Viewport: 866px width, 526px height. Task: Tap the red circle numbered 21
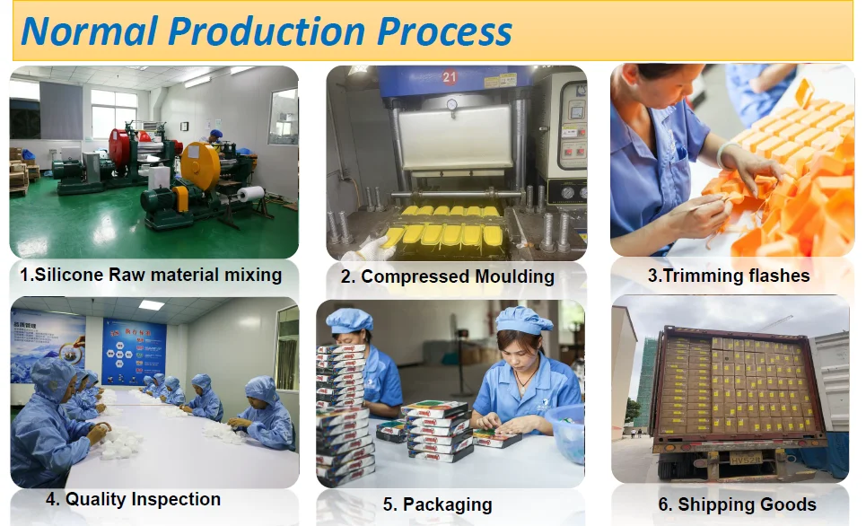pos(450,77)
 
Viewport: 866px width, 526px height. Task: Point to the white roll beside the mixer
pos(250,194)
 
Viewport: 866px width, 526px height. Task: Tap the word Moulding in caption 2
pos(514,276)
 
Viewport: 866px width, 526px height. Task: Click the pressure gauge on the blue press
pos(452,104)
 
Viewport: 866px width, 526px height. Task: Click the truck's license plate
pos(746,458)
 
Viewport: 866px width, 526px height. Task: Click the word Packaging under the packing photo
pos(448,504)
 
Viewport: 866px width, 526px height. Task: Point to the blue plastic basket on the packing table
pos(566,432)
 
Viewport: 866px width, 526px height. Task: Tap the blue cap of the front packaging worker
pos(522,320)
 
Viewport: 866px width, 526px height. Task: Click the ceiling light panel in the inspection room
pos(152,305)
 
